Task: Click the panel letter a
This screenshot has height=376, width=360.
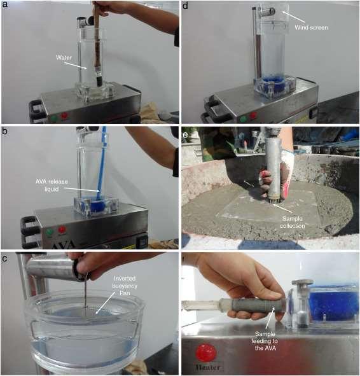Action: [x=5, y=5]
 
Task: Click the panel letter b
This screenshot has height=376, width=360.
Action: [x=5, y=131]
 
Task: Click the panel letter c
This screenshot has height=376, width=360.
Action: [x=4, y=258]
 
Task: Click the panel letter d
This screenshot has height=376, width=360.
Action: [x=186, y=5]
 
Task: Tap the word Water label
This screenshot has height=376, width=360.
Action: [x=64, y=57]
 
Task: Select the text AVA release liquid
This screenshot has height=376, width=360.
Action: [x=52, y=185]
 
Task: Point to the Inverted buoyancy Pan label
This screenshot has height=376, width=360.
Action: [x=125, y=286]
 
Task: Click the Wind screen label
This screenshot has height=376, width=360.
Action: [x=311, y=27]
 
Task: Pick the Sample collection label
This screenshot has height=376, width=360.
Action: [x=293, y=222]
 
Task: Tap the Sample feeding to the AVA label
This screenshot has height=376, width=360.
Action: [x=265, y=341]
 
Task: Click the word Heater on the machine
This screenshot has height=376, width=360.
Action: [x=207, y=367]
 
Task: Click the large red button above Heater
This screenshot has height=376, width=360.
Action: [x=206, y=353]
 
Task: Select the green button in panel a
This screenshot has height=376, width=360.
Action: [x=53, y=118]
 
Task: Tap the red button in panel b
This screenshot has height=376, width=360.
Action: [x=62, y=230]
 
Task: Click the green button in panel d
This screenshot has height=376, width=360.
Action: [x=243, y=119]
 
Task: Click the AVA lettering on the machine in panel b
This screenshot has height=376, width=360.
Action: [x=64, y=245]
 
